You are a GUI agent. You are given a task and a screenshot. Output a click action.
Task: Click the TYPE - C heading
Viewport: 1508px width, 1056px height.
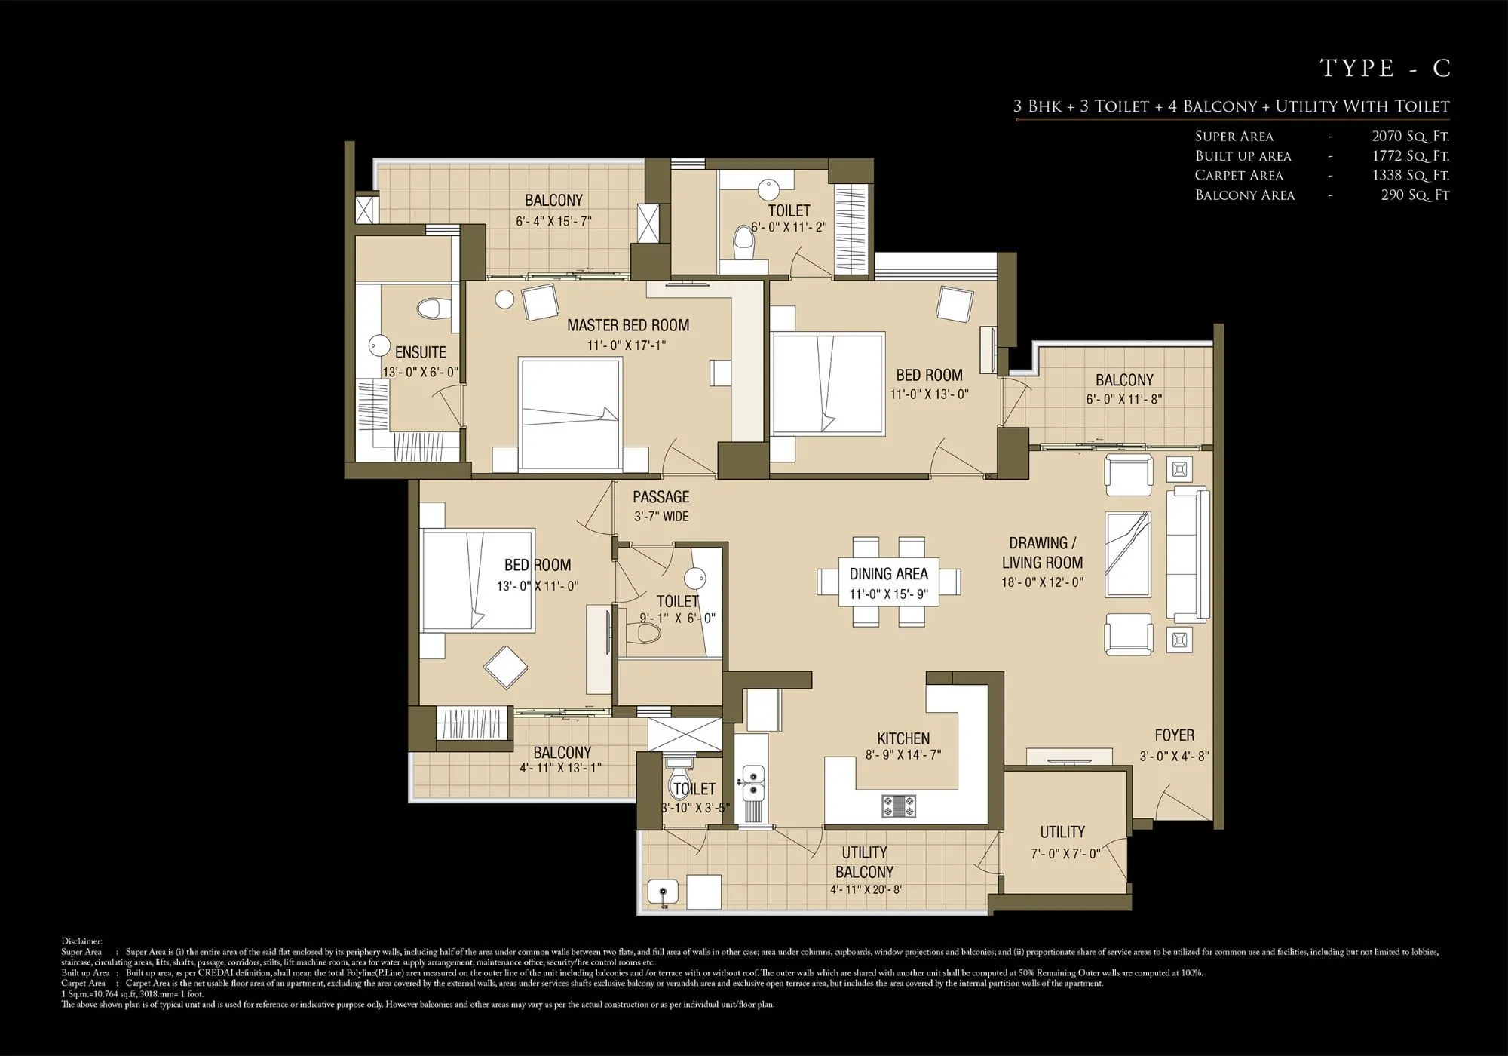click(1385, 68)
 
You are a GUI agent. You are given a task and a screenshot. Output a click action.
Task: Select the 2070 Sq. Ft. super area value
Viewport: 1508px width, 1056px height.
click(1410, 137)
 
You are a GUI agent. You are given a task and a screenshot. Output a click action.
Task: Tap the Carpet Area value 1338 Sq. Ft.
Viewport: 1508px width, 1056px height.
click(1410, 175)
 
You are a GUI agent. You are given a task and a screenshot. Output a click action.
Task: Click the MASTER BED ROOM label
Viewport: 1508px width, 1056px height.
click(627, 325)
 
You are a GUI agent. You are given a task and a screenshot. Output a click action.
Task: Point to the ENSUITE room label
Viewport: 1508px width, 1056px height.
click(420, 352)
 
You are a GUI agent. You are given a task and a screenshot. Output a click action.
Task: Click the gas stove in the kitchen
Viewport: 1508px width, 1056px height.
click(899, 806)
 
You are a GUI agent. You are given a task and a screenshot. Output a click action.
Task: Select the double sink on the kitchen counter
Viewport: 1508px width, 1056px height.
click(752, 782)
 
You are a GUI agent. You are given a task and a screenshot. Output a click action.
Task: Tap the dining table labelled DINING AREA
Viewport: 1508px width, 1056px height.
click(888, 582)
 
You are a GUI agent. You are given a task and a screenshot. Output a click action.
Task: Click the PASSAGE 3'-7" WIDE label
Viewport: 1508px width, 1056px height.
click(661, 506)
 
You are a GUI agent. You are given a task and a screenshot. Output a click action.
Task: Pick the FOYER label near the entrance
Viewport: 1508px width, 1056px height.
click(1174, 735)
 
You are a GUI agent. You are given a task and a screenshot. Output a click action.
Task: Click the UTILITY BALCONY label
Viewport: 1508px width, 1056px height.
click(864, 862)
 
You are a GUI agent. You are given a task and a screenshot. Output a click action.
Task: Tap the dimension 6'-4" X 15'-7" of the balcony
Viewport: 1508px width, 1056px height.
click(553, 221)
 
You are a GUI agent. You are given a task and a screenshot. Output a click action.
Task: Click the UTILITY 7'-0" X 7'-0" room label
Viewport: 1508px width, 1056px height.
click(1062, 841)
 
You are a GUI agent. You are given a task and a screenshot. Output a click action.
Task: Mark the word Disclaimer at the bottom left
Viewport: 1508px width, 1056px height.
click(81, 941)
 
